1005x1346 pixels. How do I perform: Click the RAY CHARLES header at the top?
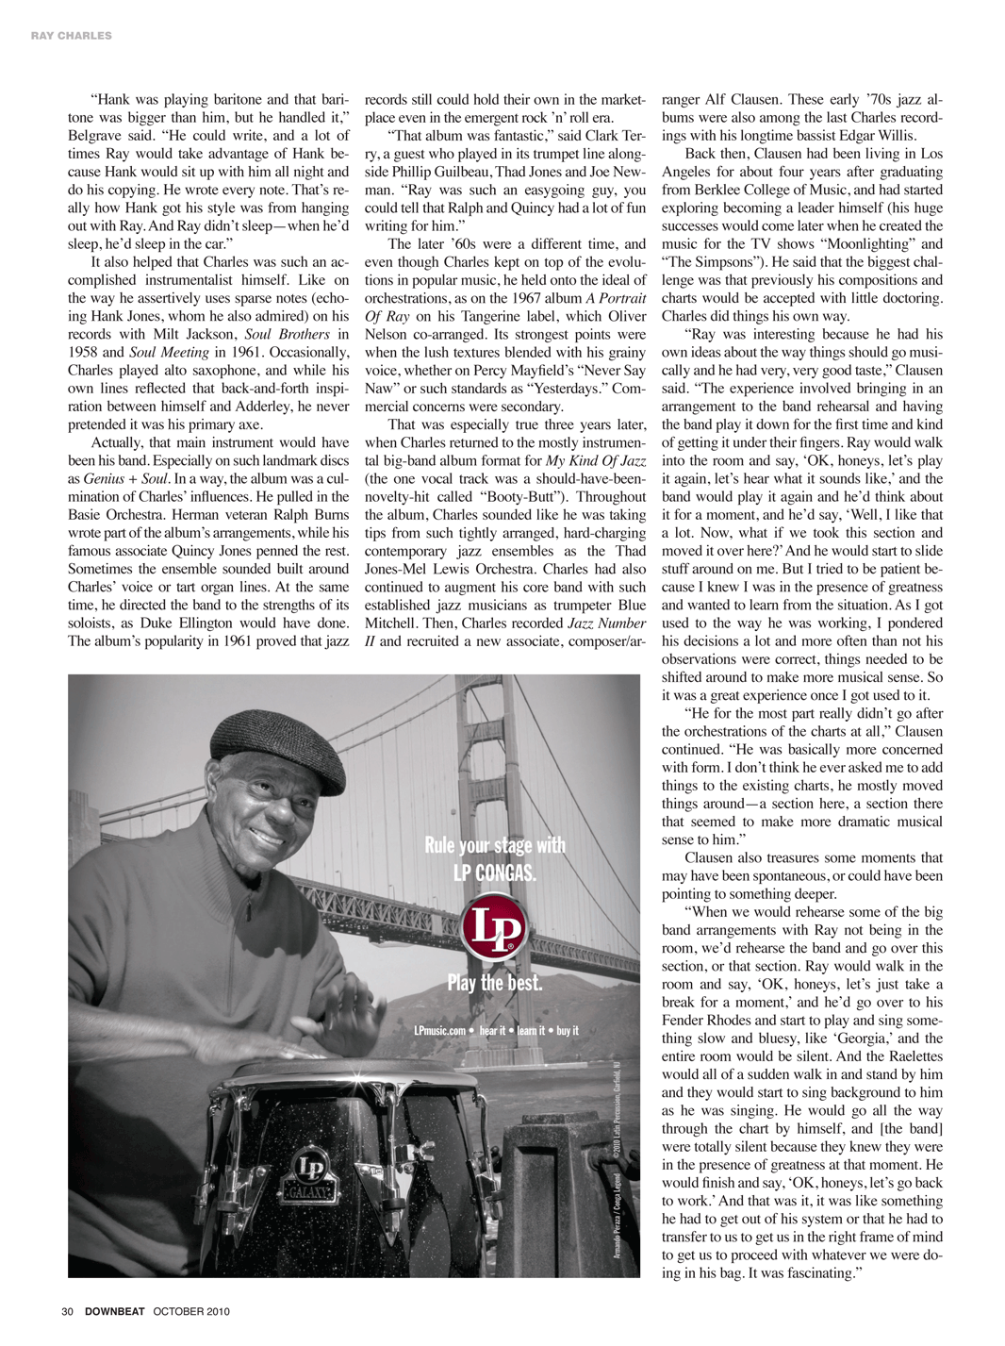tap(71, 36)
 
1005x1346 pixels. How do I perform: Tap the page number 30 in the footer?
tap(67, 1311)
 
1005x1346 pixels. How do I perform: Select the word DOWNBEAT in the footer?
tap(114, 1311)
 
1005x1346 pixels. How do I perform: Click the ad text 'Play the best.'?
tap(495, 983)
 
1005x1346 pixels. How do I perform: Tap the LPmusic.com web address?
tap(440, 1031)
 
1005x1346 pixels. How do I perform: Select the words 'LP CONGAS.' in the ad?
tap(495, 873)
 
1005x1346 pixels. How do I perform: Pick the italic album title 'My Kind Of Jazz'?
tap(596, 461)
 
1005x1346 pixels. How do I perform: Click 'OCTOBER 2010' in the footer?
tap(191, 1311)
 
